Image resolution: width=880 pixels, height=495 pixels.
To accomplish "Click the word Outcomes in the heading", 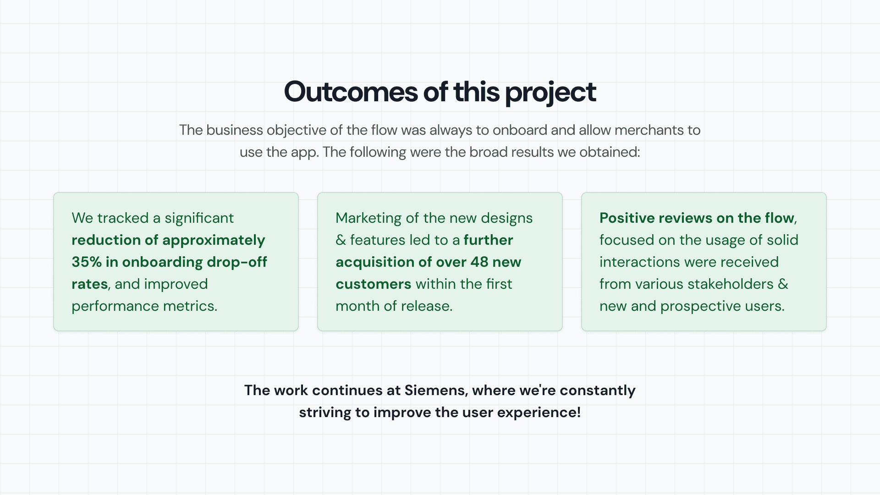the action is point(351,92).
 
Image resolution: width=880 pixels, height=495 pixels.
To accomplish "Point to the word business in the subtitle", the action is point(235,130).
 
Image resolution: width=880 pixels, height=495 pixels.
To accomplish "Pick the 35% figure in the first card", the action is point(87,262).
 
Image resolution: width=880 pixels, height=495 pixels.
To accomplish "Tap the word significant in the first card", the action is point(199,218).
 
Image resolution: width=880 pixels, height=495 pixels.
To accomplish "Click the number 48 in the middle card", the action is point(479,262).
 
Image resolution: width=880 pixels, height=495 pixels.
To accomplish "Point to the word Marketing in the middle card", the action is point(368,218).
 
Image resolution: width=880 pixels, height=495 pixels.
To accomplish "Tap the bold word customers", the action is point(374,284).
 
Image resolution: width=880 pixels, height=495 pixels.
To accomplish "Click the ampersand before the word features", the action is point(341,240).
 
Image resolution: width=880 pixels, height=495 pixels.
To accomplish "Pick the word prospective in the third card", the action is point(701,306).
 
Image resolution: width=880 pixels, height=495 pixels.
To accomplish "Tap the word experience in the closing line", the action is point(539,413).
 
